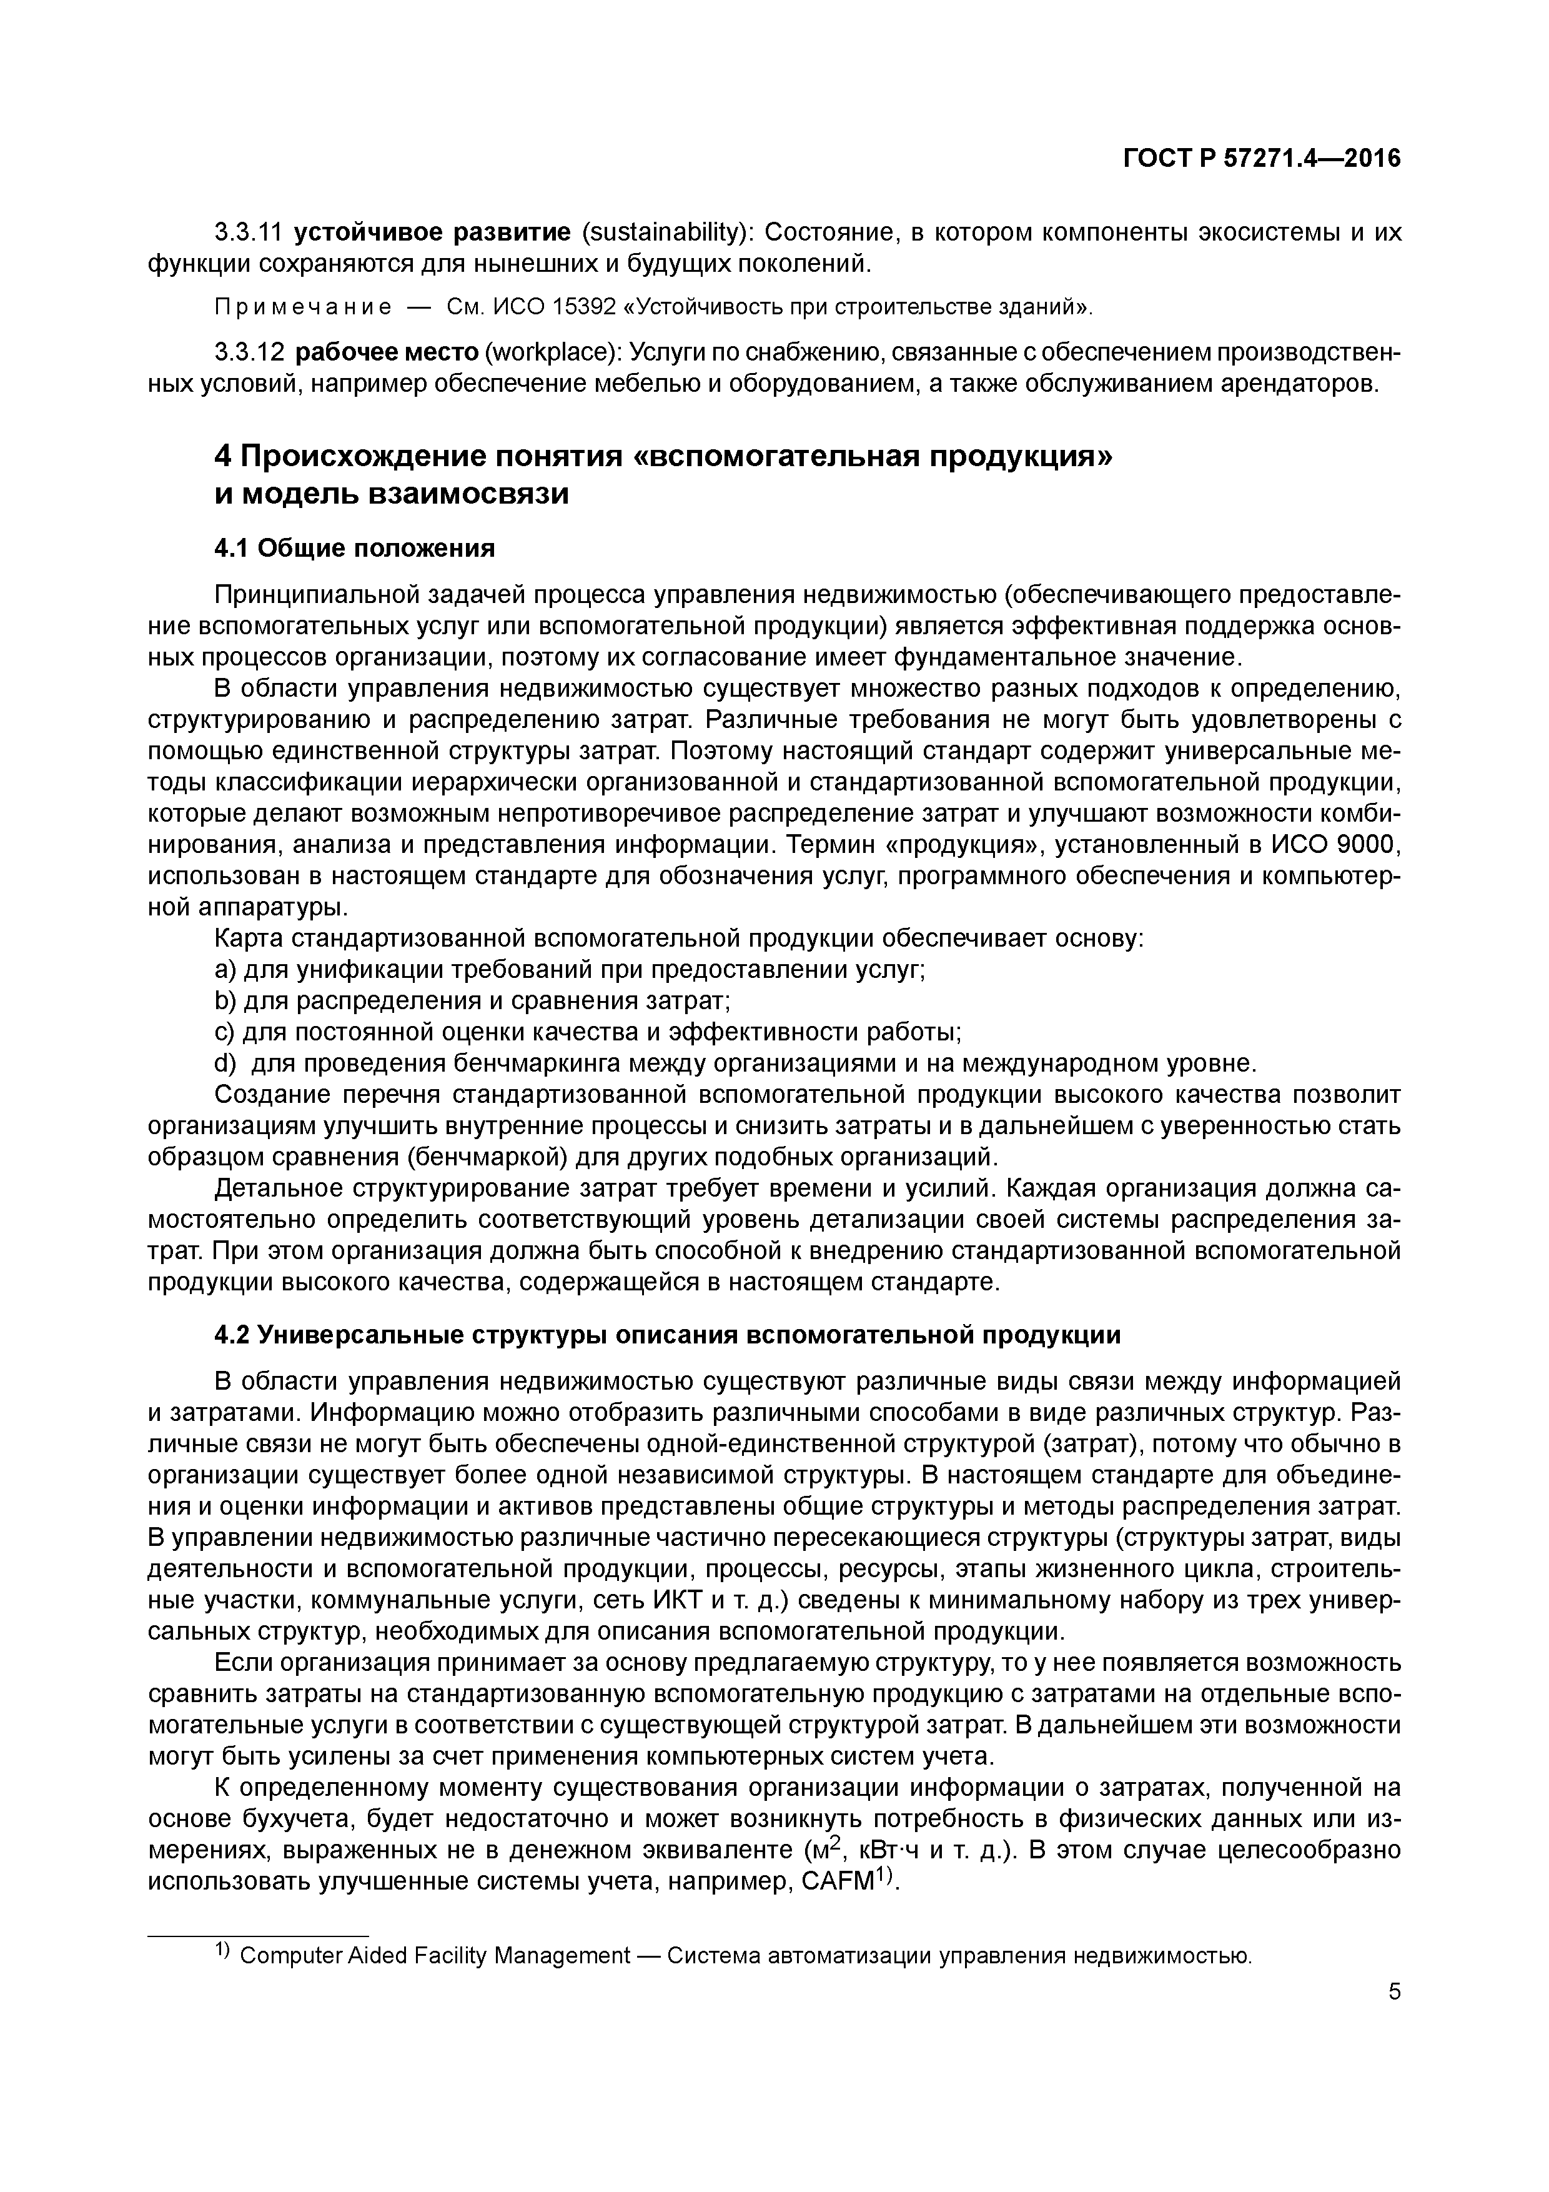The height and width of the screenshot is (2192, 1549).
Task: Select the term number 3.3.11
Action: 248,232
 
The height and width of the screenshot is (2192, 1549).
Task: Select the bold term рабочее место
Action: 387,353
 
